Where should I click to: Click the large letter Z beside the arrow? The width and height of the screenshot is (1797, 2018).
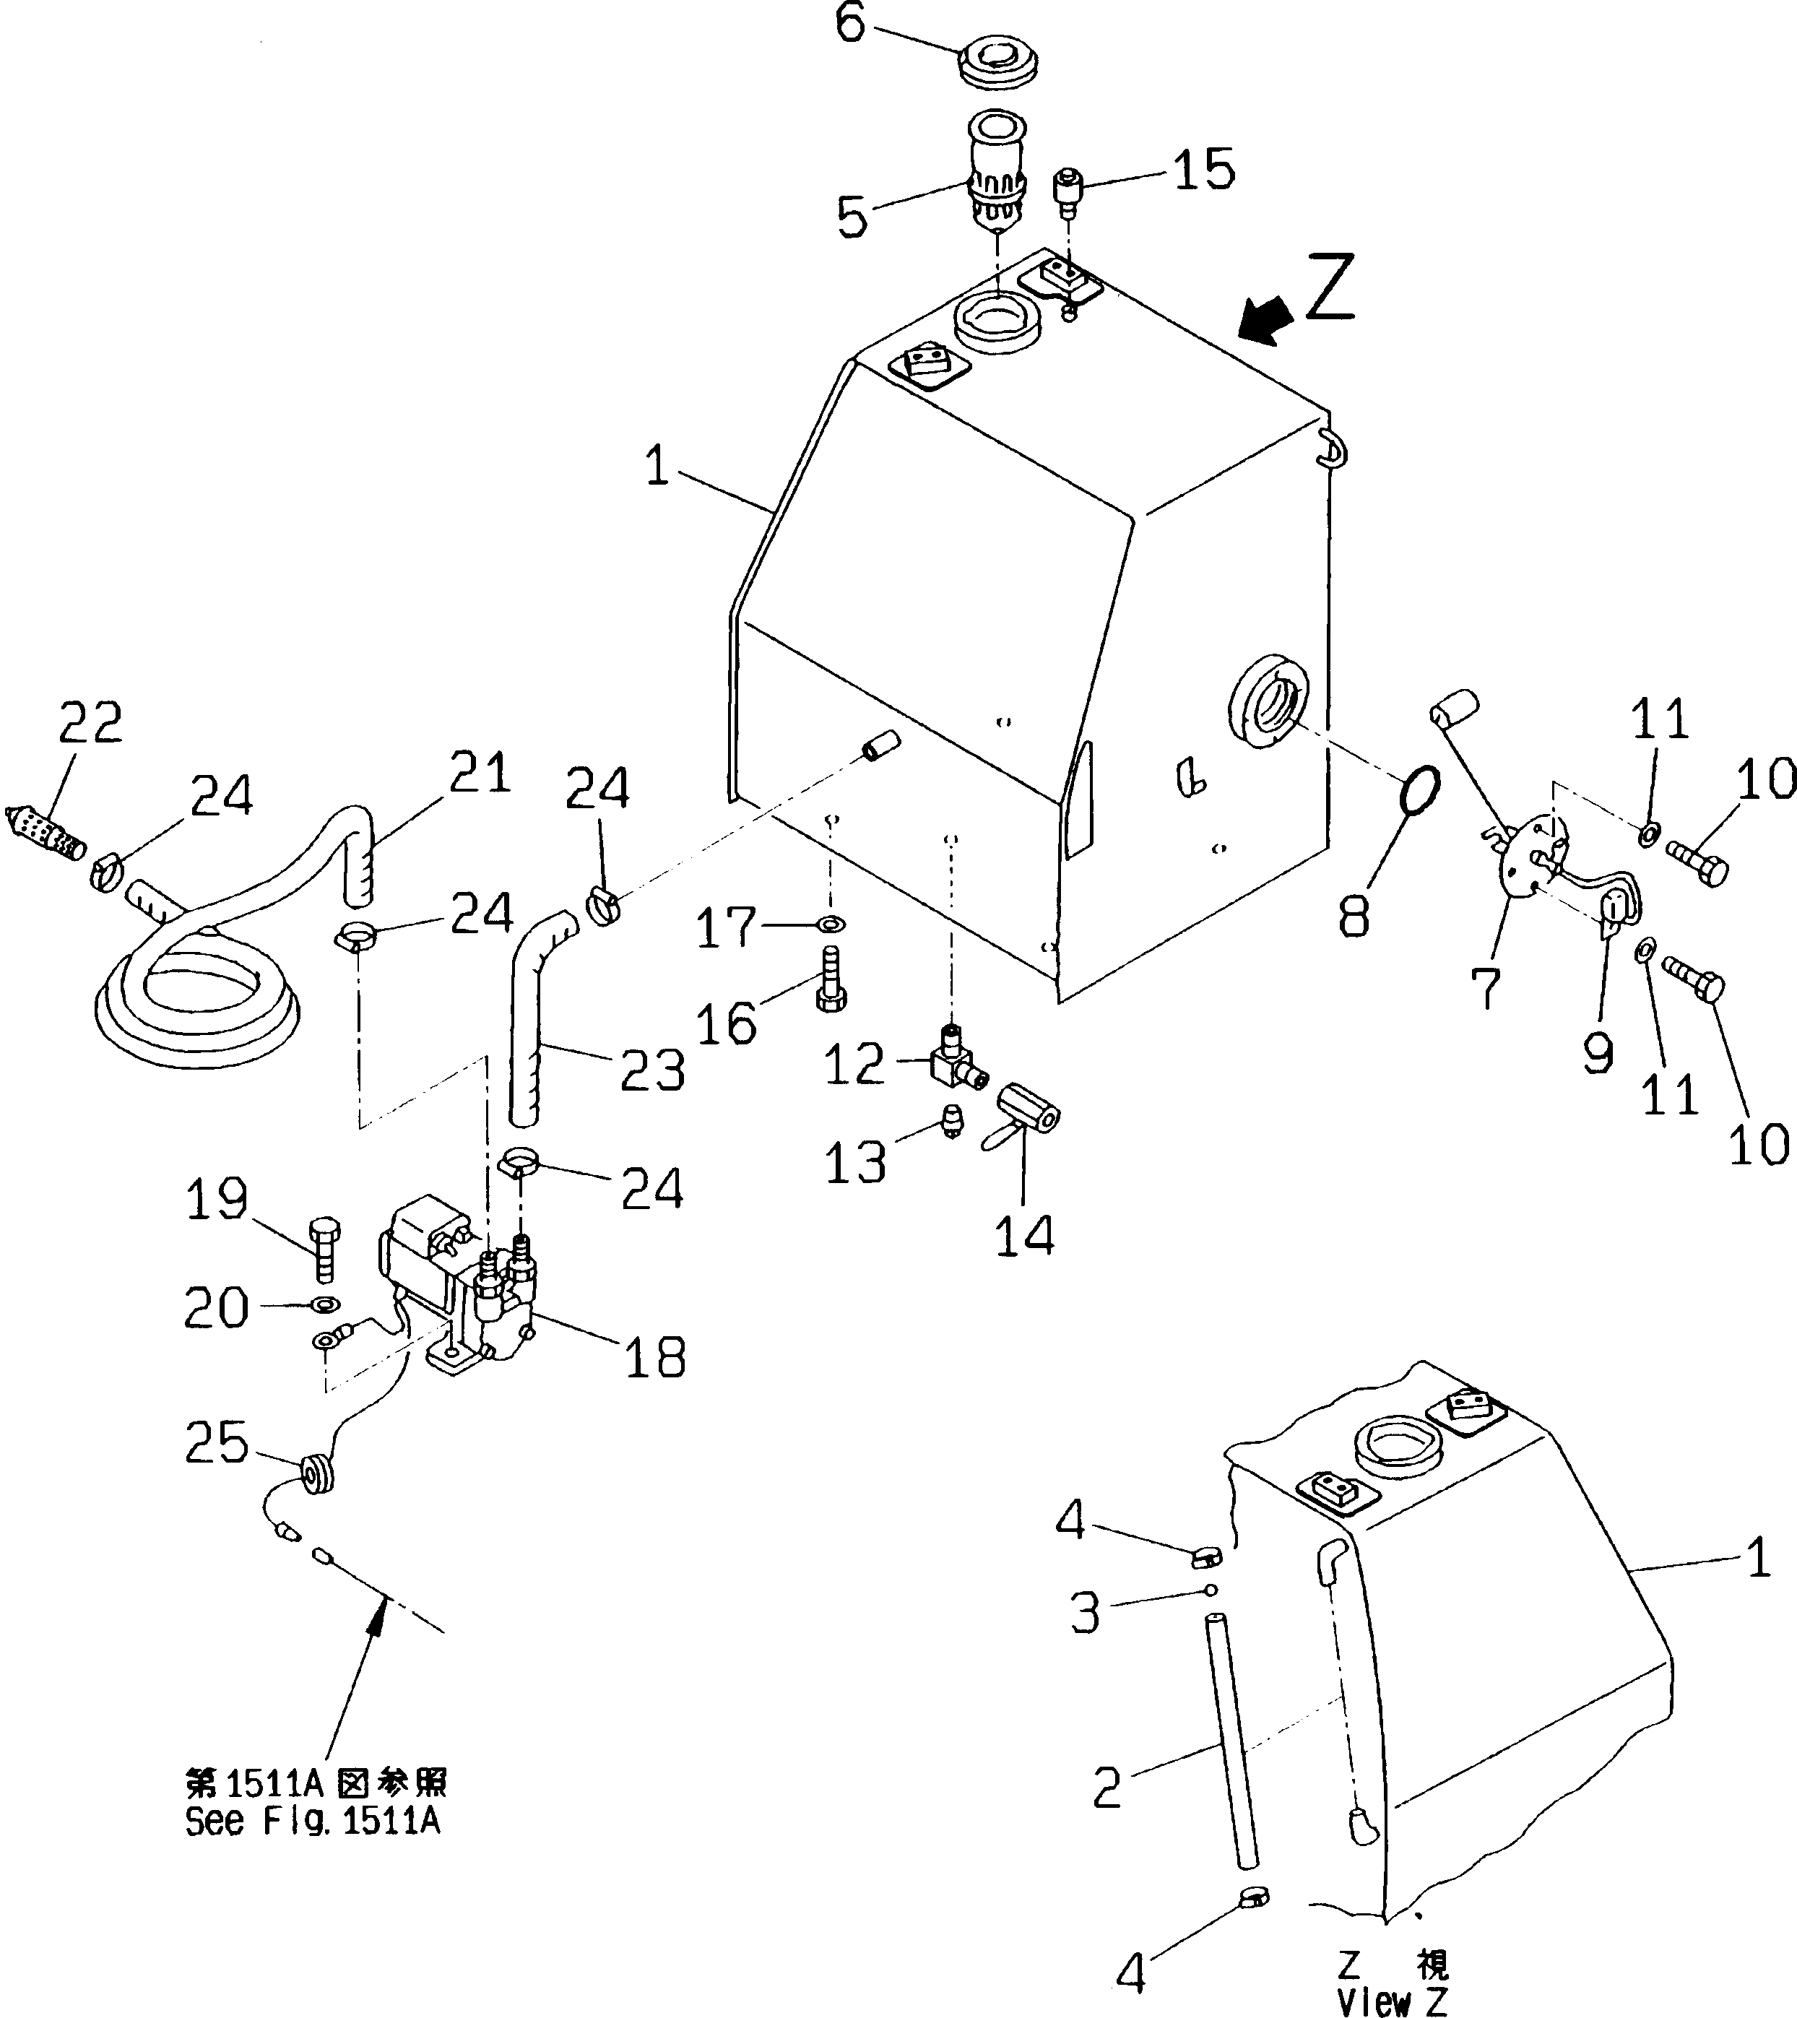pos(1330,287)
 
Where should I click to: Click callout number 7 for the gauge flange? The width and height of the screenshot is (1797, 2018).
pos(1485,988)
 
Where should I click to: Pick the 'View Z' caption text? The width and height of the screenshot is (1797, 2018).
pos(1393,2002)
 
